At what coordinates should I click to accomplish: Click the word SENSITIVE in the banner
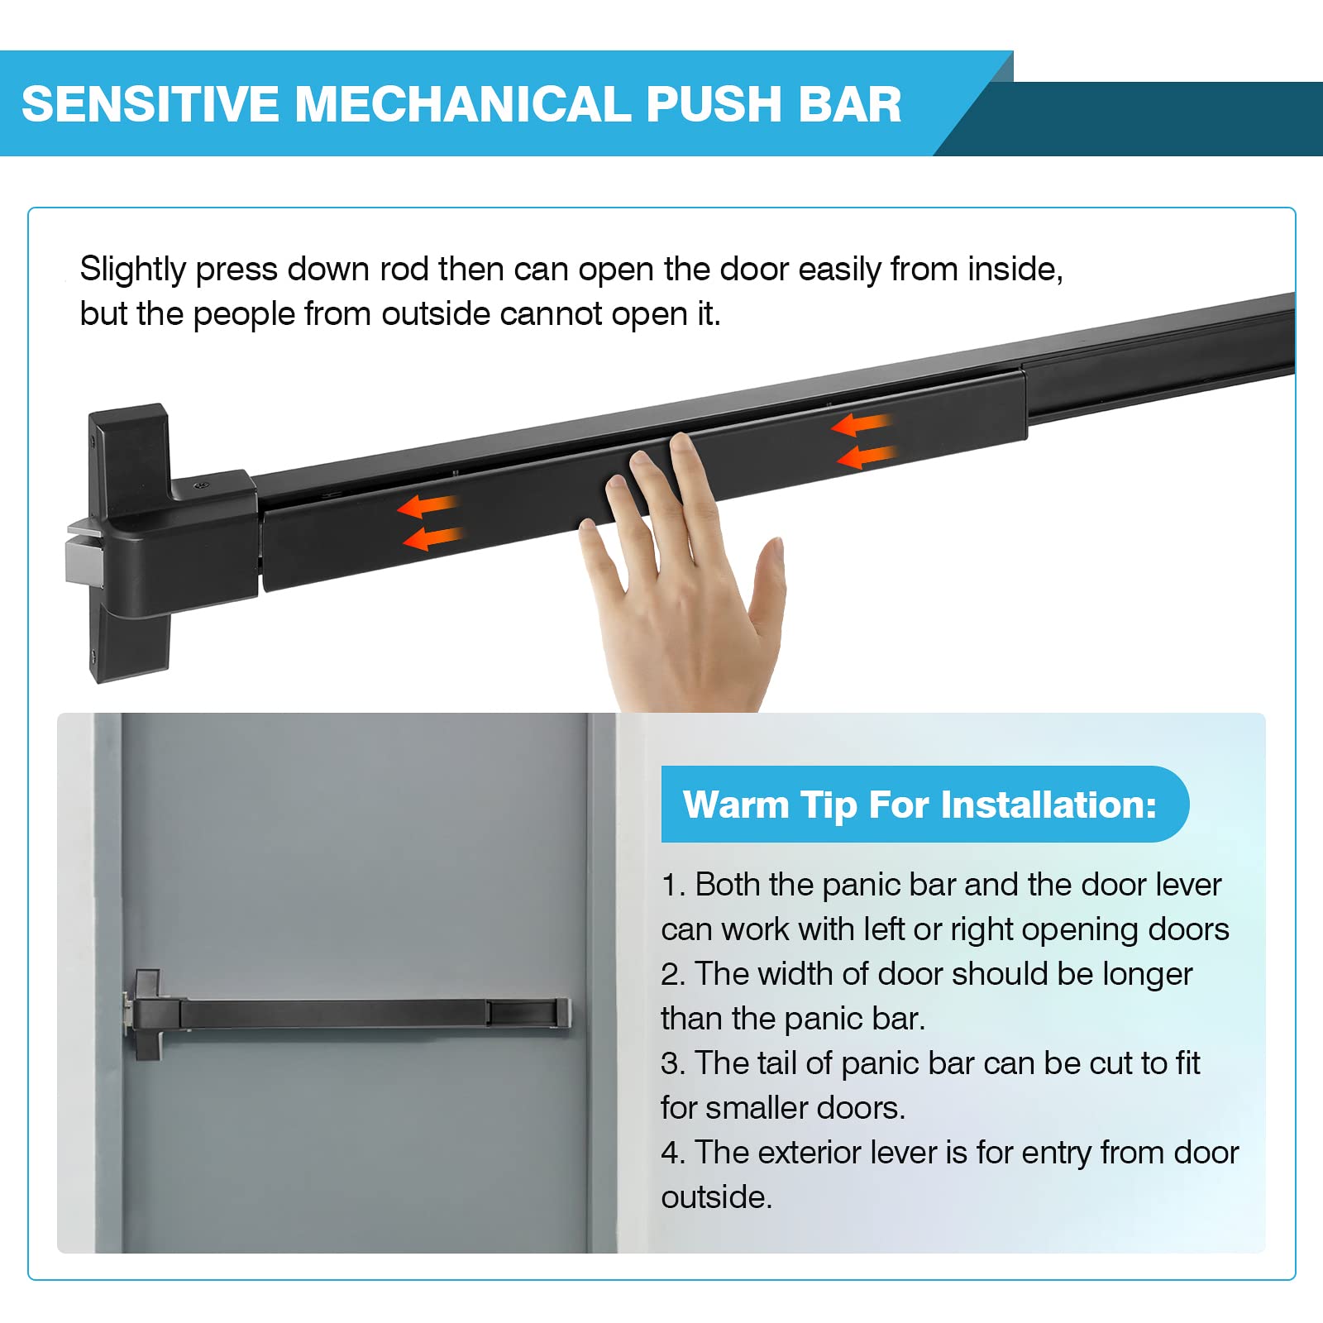click(x=150, y=104)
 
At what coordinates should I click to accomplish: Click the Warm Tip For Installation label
click(x=919, y=805)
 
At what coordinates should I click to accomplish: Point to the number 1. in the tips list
click(x=673, y=885)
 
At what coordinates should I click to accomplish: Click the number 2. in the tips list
click(x=673, y=974)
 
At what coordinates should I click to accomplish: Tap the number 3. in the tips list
click(x=673, y=1063)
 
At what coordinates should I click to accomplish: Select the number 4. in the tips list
click(x=673, y=1153)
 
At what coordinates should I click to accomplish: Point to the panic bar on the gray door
click(x=347, y=1014)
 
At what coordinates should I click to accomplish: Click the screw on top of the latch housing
click(x=198, y=486)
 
